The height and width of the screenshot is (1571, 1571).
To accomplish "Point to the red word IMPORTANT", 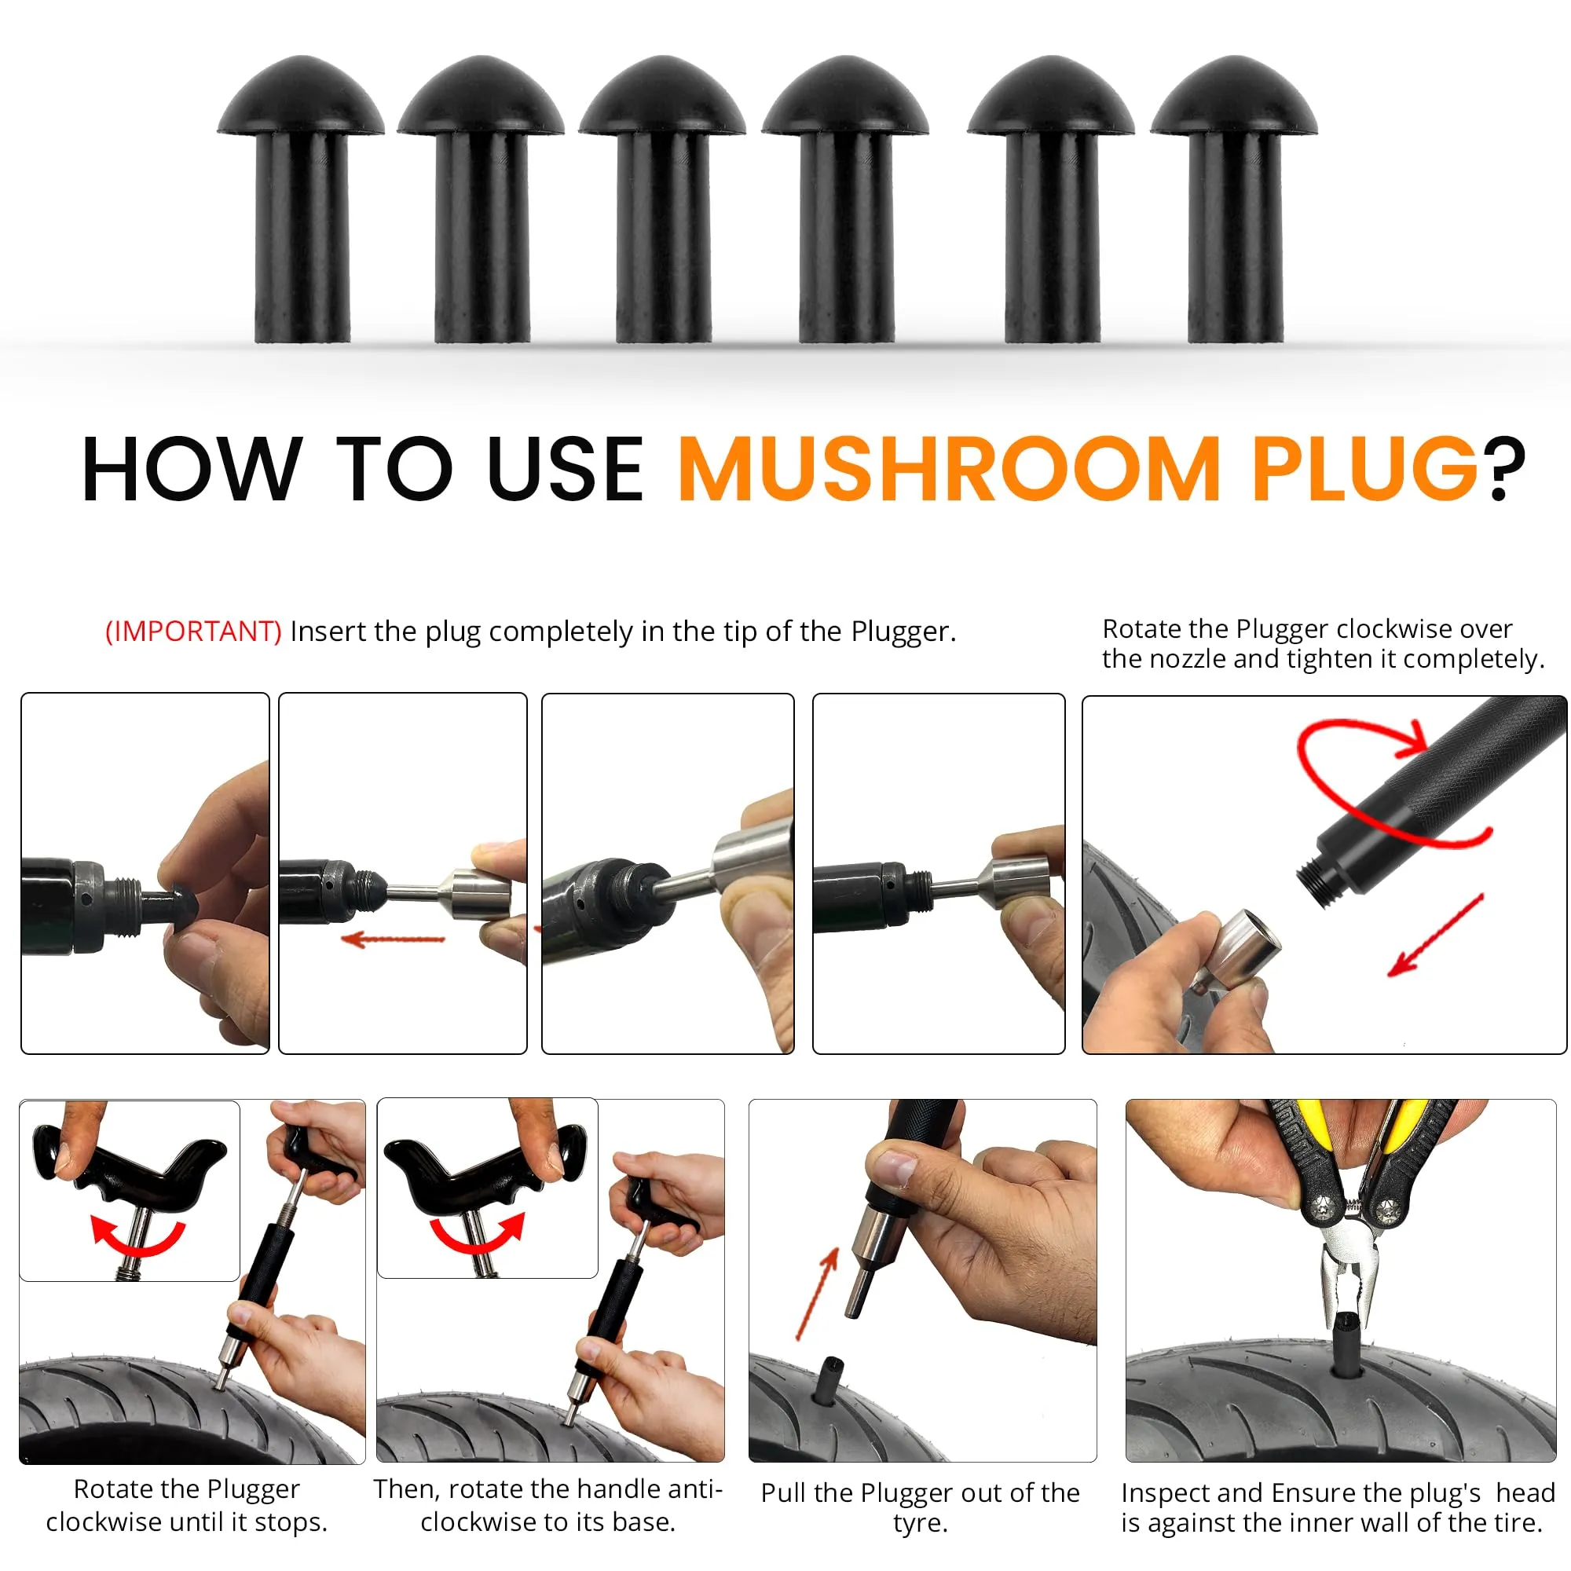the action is point(193,632).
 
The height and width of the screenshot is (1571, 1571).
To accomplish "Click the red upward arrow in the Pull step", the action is point(816,1295).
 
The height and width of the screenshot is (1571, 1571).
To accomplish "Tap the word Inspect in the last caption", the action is point(1166,1494).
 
